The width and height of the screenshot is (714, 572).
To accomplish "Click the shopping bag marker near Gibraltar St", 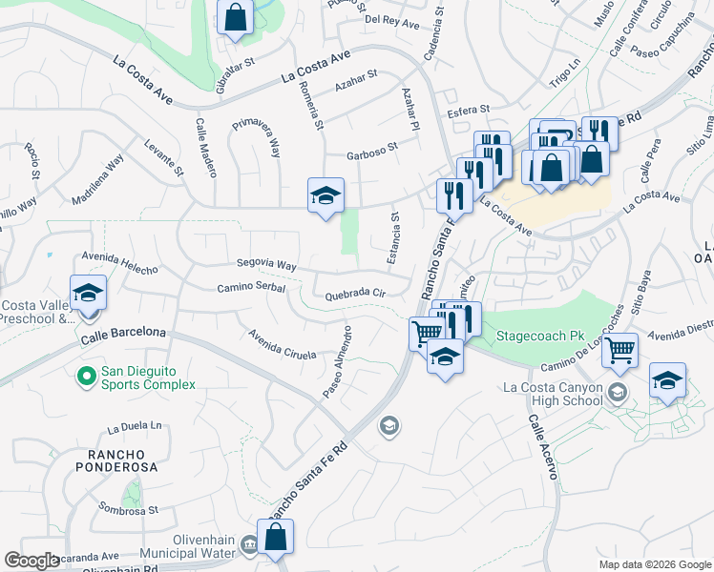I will coord(235,17).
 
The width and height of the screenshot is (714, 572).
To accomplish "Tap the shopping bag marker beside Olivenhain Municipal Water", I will coord(275,537).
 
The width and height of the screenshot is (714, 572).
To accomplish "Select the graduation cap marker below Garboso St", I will coord(325,195).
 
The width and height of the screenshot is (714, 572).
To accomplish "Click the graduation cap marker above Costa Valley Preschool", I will coord(88,293).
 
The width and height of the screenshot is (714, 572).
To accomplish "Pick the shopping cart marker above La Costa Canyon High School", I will coord(620,351).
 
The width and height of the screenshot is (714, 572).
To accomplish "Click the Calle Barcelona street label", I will coord(123,335).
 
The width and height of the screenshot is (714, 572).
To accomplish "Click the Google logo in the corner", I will coord(32,561).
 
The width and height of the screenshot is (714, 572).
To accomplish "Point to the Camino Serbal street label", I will coord(251,288).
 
